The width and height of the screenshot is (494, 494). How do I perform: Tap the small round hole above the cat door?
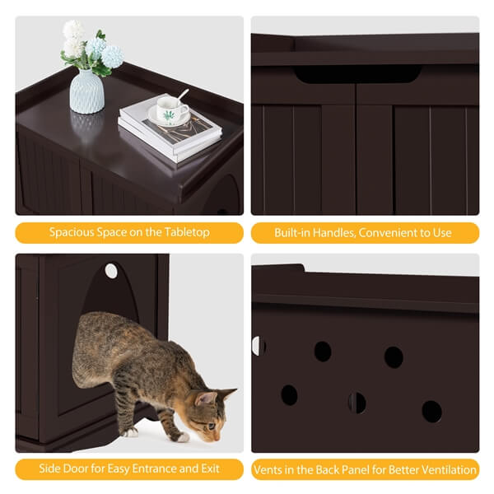tap(111, 271)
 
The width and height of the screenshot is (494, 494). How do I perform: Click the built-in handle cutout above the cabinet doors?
tap(356, 75)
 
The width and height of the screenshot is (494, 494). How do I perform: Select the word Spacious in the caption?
tap(72, 233)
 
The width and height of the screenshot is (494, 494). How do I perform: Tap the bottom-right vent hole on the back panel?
tap(431, 411)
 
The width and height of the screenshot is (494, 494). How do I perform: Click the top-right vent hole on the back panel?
tap(394, 357)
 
